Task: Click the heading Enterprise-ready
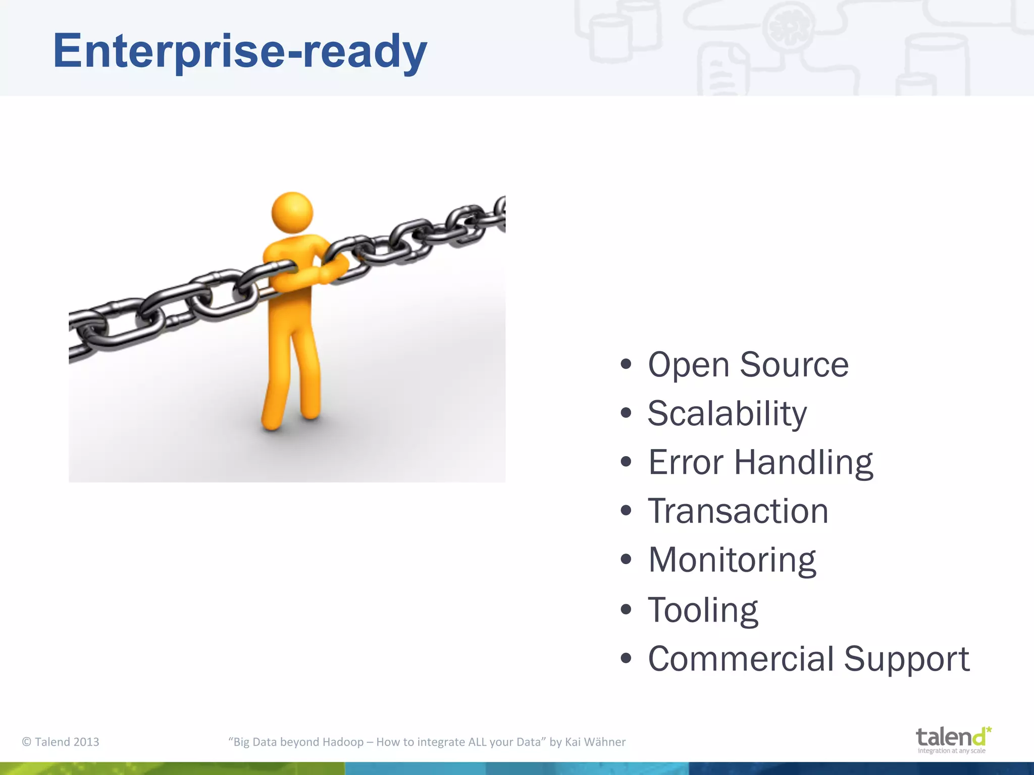click(x=240, y=51)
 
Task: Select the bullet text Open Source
click(x=748, y=364)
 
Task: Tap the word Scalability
click(x=727, y=414)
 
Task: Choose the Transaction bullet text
click(x=738, y=511)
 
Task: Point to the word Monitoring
click(x=732, y=561)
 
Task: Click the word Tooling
click(x=703, y=610)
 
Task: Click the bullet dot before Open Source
click(x=626, y=364)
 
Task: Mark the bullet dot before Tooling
click(x=626, y=609)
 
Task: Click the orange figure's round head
click(x=292, y=212)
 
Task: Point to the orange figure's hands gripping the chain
click(x=331, y=270)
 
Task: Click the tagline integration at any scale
click(x=951, y=751)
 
